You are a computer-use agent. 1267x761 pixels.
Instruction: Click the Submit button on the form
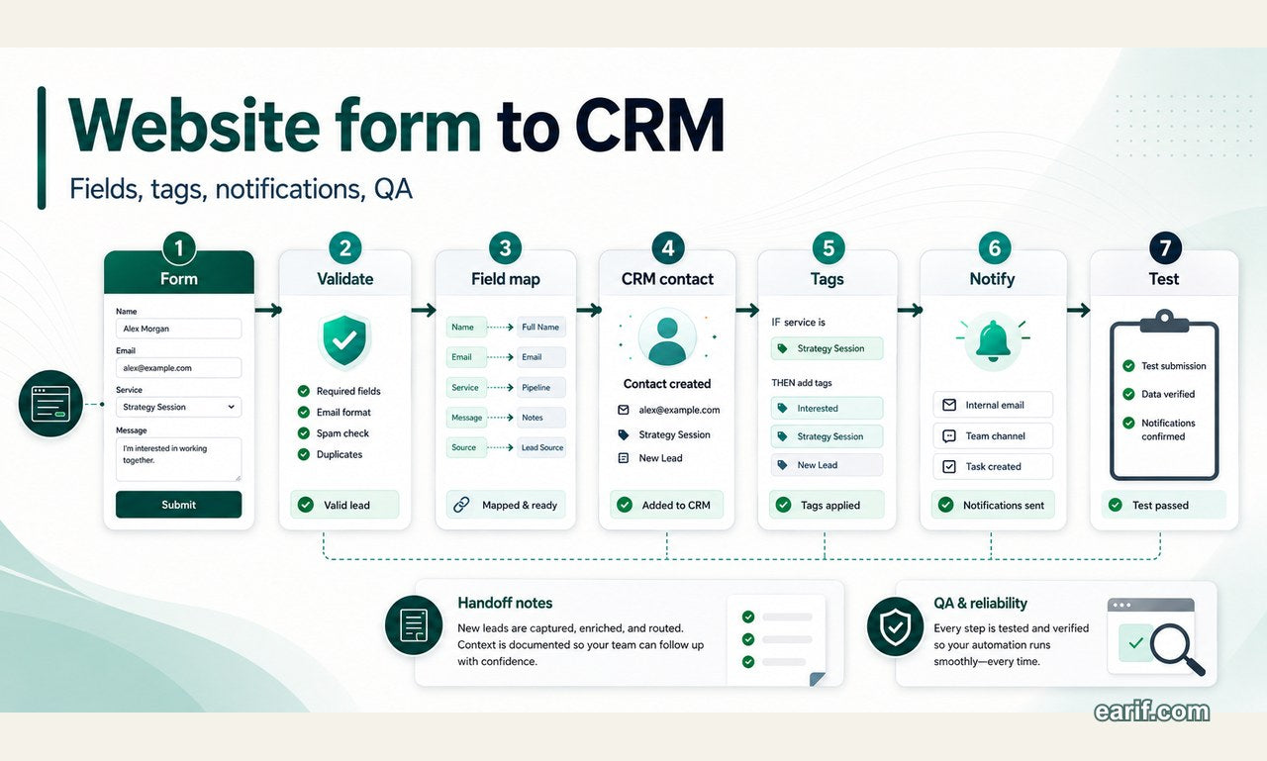(179, 505)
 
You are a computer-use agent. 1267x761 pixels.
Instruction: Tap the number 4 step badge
(667, 248)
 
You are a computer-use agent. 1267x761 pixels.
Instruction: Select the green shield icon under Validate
(344, 341)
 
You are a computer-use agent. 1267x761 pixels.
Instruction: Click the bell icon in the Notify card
(993, 340)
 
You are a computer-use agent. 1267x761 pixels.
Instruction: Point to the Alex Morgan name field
(179, 329)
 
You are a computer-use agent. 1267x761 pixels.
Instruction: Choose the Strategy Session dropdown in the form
(179, 407)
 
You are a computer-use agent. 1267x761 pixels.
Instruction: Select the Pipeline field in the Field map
(541, 387)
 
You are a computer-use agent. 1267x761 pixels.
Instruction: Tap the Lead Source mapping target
(541, 447)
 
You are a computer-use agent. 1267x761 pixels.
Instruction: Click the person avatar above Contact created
(667, 337)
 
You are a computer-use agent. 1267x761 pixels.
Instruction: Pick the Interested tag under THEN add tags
(827, 408)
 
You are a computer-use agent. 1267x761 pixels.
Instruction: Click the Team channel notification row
(993, 435)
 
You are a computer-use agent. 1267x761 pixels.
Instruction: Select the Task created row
(993, 466)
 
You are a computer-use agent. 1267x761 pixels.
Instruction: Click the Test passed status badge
(1163, 505)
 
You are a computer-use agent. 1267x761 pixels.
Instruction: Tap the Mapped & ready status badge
(506, 505)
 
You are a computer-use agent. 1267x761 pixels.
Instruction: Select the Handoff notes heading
(505, 603)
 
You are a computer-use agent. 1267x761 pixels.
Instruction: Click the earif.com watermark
(1151, 712)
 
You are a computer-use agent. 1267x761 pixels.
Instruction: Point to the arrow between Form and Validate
(268, 310)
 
